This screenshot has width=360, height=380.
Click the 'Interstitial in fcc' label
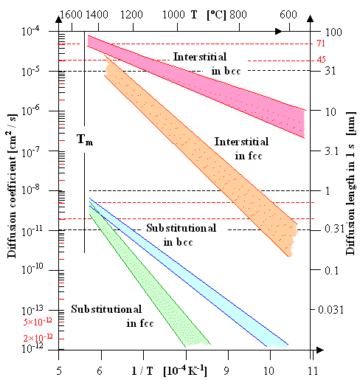click(x=241, y=147)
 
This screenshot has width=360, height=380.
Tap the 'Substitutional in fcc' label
click(x=105, y=317)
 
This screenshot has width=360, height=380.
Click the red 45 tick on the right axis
click(x=322, y=60)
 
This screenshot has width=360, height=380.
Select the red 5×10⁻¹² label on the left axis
click(x=41, y=322)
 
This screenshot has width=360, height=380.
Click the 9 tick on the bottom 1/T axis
click(x=228, y=366)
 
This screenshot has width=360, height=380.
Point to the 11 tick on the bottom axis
click(x=312, y=366)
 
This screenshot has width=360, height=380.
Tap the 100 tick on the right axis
click(x=331, y=32)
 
